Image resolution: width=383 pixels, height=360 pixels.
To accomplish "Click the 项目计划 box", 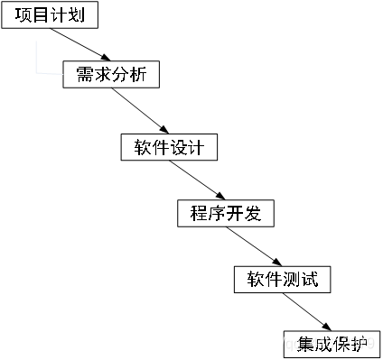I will click(49, 16).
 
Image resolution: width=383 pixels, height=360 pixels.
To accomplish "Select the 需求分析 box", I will click(111, 76).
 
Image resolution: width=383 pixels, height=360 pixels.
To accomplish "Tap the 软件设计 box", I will click(169, 147).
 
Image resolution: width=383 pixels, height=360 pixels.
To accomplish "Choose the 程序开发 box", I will click(225, 213).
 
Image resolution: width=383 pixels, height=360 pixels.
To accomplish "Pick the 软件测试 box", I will click(282, 280).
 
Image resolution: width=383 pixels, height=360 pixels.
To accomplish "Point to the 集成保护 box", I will click(332, 344).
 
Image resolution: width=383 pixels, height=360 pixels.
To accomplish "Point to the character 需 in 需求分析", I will click(78, 76).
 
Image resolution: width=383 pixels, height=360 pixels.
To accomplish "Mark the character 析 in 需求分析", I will click(145, 76).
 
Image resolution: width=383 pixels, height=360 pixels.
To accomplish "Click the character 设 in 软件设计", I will click(185, 147).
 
